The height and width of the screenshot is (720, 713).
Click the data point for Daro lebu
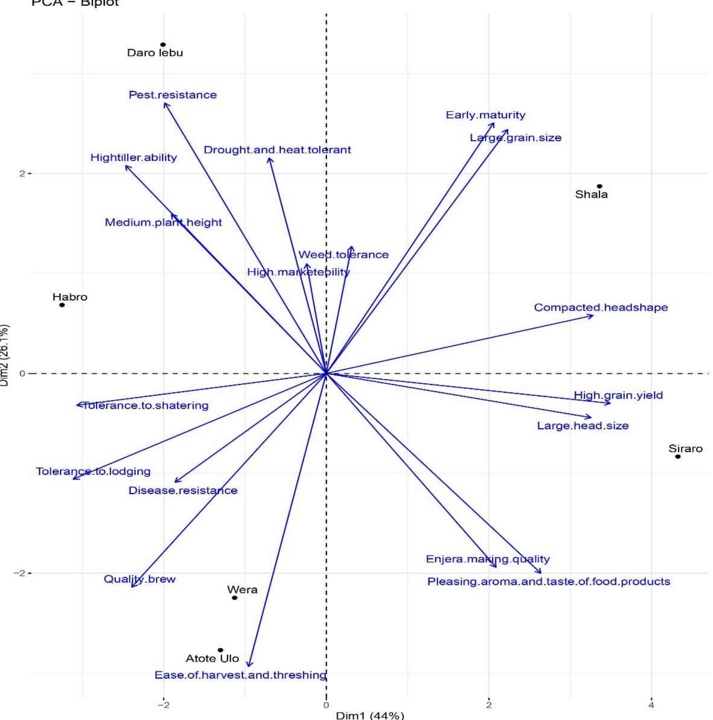(x=163, y=45)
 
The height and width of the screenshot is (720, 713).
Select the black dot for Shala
(x=599, y=186)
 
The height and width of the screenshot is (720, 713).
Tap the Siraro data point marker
(x=678, y=456)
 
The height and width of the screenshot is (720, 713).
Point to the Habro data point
(x=62, y=305)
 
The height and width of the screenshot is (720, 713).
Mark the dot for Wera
(x=235, y=597)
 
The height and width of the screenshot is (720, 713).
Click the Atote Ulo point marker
(x=220, y=650)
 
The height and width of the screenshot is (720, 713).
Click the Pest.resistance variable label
(x=173, y=95)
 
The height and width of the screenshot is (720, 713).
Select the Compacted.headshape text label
(x=601, y=307)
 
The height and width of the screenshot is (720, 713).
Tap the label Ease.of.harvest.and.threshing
(x=240, y=675)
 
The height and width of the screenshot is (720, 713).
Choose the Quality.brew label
(x=139, y=579)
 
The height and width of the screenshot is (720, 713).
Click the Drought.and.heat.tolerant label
(x=277, y=150)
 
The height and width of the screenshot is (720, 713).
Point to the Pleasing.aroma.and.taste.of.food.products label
(x=548, y=582)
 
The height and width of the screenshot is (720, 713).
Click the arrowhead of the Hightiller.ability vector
(x=126, y=166)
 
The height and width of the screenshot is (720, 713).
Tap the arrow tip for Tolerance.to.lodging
(x=74, y=479)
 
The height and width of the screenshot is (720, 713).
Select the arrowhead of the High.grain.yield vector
(x=610, y=403)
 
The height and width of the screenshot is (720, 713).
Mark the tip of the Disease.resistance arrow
(x=175, y=482)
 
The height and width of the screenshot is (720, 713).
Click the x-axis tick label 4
(x=651, y=705)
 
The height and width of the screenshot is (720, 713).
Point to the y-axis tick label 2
(x=22, y=173)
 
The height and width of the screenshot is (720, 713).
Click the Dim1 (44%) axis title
(x=370, y=715)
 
